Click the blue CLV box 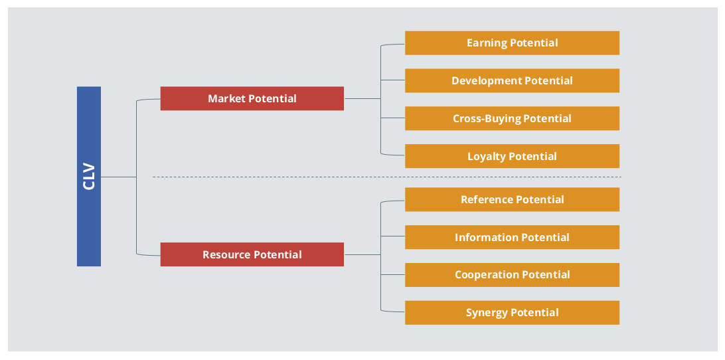coord(89,176)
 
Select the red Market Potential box coord(252,98)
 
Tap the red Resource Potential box coord(252,254)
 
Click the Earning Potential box coord(513,43)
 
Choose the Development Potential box coord(513,80)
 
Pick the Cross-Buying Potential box coord(513,118)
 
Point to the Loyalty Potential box coord(513,156)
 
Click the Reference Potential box coord(513,199)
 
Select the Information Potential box coord(513,237)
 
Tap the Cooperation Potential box coord(513,275)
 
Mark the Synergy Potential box coord(513,313)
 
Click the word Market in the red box coord(226,98)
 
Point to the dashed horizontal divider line coord(387,177)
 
